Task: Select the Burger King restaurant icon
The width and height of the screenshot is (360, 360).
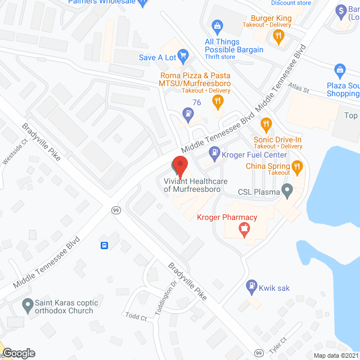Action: (277, 37)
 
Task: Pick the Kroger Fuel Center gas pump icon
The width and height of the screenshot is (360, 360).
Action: (214, 151)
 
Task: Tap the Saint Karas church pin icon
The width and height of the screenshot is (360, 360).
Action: (27, 307)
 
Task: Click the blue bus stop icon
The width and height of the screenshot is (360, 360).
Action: (105, 245)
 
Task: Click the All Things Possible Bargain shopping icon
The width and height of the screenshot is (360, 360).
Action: (217, 26)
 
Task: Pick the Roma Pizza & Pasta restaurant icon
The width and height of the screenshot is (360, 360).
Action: (217, 101)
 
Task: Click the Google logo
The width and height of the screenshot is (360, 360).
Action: (18, 353)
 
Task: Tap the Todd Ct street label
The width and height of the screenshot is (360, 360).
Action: (136, 317)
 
